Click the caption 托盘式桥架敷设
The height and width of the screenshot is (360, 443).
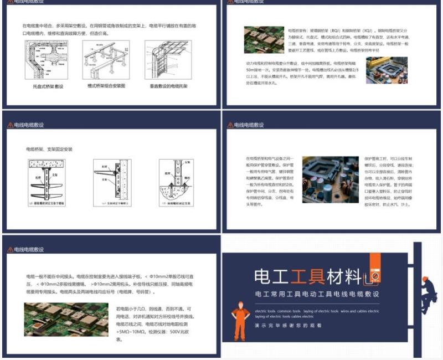point(49,86)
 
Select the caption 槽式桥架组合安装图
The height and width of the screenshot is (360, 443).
point(107,86)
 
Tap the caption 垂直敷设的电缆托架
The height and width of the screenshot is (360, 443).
point(169,86)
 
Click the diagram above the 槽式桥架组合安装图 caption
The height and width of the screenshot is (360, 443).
point(106,60)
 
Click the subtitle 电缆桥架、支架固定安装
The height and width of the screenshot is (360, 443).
point(49,149)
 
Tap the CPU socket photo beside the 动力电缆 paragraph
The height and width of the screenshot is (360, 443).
point(387,70)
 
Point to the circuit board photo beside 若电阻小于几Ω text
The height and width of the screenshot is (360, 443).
point(66,320)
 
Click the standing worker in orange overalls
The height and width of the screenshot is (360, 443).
point(240,321)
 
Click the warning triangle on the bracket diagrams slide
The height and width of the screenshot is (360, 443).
point(10,126)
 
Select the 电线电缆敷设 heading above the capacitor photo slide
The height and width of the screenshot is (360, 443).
point(247,126)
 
